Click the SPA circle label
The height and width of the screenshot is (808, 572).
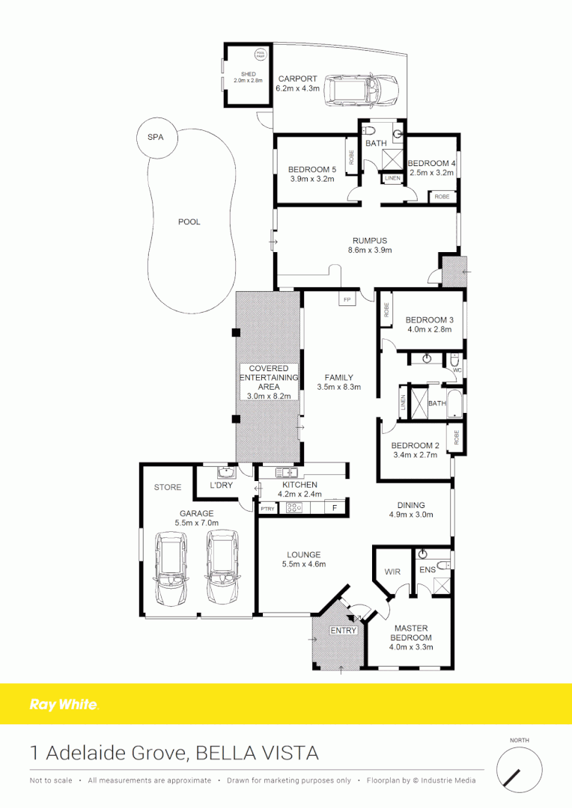tap(155, 138)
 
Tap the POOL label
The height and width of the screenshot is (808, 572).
tap(189, 222)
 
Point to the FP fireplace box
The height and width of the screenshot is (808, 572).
tap(347, 299)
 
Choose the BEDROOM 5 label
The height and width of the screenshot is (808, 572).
tap(311, 169)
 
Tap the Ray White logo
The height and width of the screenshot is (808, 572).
tap(64, 704)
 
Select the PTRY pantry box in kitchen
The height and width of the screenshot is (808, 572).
tap(267, 509)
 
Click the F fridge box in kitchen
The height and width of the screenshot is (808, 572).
tap(335, 509)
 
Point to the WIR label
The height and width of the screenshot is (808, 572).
tap(392, 572)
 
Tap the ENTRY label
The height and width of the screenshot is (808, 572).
tap(344, 631)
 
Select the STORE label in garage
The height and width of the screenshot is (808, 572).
tap(168, 487)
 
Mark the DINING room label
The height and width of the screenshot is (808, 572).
tap(412, 505)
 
